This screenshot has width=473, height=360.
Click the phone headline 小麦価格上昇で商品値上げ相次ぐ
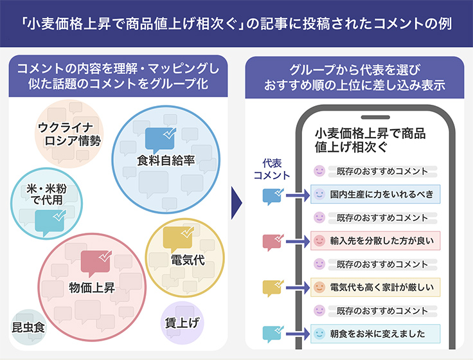pyautogui.click(x=370, y=140)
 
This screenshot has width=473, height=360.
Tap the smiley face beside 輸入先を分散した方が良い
pyautogui.click(x=319, y=241)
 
